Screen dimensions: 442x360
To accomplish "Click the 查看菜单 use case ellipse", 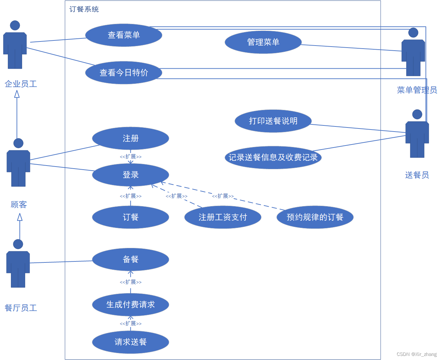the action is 124,35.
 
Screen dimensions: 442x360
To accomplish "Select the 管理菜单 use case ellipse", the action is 263,42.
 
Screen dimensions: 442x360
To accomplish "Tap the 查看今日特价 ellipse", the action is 124,72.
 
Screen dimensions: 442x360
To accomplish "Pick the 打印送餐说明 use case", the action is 273,121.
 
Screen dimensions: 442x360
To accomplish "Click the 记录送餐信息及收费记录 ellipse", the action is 273,157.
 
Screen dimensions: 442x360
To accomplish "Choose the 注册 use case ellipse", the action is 130,138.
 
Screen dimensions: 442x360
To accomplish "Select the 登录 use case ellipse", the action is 130,175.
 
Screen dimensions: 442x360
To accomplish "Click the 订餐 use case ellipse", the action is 130,217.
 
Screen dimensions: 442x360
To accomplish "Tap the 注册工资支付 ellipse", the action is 223,217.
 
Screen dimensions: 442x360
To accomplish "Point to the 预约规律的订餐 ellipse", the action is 315,217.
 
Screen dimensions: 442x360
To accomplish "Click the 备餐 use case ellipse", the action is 130,259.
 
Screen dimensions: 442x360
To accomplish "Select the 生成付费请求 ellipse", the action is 130,305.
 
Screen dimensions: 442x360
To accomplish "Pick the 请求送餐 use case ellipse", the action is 130,342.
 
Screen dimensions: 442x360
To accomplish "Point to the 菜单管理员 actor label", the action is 417,90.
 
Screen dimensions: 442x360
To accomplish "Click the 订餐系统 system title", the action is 84,9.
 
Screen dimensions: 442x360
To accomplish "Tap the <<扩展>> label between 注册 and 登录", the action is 131,157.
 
